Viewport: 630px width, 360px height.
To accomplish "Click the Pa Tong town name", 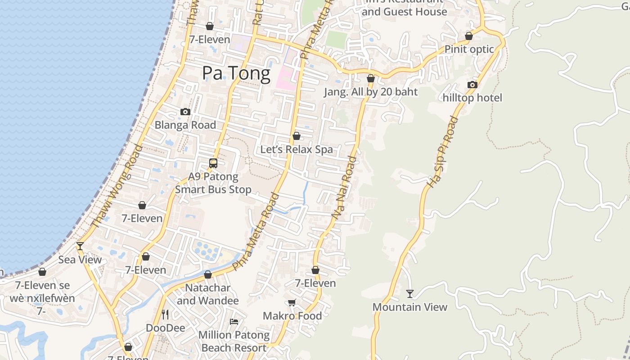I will pos(236,73).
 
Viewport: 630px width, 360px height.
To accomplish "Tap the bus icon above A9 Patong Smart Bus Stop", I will pos(213,163).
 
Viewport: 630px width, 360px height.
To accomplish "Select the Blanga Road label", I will pos(185,125).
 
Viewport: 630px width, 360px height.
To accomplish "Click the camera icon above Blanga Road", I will pos(185,112).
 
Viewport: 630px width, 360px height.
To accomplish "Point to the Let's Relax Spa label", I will pos(297,149).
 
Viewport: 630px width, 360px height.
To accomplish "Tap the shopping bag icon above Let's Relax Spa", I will pos(297,136).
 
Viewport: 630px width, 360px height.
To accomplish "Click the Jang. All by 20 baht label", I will pos(371,92).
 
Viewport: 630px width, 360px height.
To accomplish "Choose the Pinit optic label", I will pos(469,49).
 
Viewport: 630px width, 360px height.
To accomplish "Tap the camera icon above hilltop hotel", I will pos(472,85).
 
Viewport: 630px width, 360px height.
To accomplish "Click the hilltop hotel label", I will pos(472,98).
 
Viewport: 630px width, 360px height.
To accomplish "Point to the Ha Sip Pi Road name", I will pos(442,152).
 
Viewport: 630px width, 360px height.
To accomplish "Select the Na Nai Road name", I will pos(344,188).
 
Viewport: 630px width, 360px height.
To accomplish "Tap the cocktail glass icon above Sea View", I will pos(80,246).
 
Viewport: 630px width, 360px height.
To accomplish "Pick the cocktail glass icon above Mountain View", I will pos(410,294).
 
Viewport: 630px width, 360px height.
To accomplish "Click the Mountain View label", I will pos(410,307).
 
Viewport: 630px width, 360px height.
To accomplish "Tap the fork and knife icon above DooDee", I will pos(165,314).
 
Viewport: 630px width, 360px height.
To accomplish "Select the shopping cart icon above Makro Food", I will pos(292,302).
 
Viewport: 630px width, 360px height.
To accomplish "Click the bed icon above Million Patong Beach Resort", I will pos(234,321).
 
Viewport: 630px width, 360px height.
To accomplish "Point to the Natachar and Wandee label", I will pos(208,294).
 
